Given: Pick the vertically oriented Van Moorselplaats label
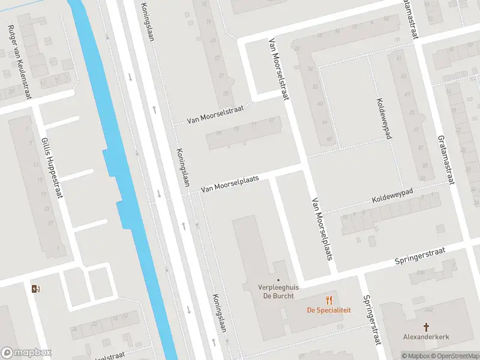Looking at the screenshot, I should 322,229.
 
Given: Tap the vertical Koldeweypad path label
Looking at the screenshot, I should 384,118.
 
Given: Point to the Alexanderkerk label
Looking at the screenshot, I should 426,337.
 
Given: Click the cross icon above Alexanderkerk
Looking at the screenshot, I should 426,327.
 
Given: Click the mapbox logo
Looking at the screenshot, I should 26,353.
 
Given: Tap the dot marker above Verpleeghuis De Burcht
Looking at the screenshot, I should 278,279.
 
